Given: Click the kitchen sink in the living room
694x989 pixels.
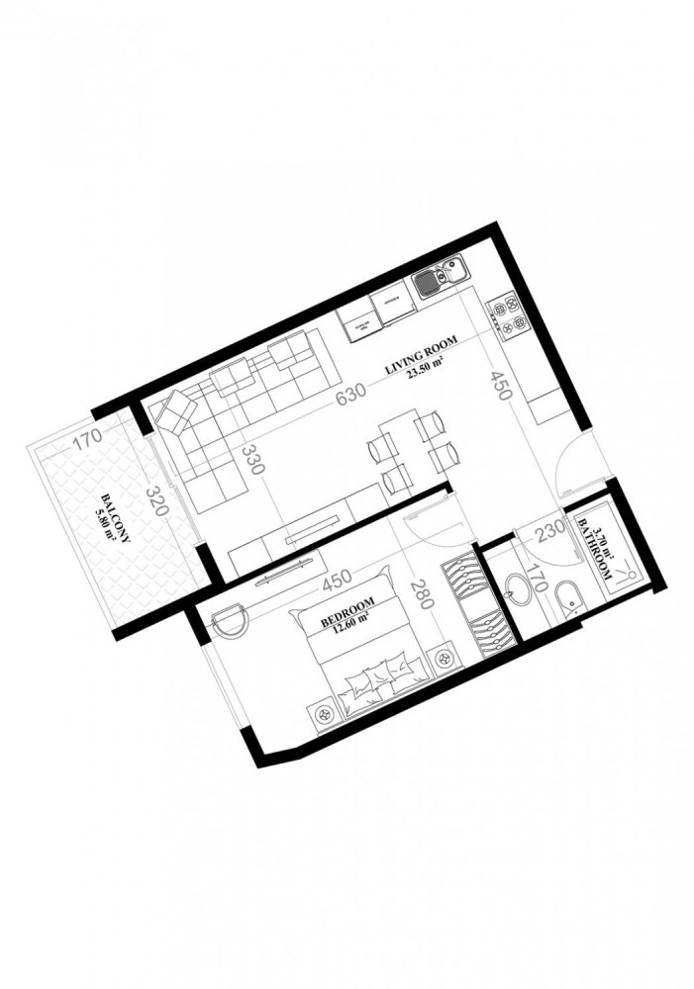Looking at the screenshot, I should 439,278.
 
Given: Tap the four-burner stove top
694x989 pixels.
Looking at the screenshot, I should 508,315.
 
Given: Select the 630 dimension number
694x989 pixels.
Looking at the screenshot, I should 349,398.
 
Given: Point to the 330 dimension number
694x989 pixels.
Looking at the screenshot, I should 251,462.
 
